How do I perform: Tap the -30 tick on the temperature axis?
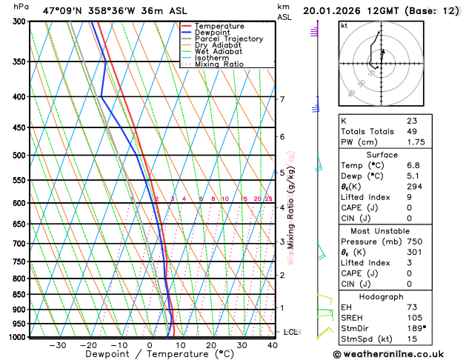pos(58,344)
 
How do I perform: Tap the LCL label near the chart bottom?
pos(290,332)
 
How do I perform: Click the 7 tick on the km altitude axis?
pos(282,99)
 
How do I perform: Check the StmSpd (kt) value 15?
pos(411,339)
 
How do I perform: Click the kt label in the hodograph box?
pos(344,26)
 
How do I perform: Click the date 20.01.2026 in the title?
pos(333,10)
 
